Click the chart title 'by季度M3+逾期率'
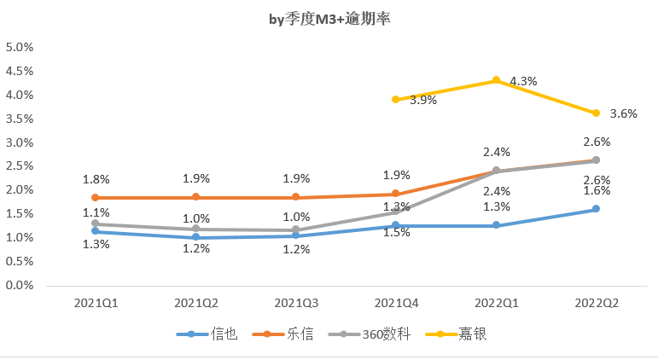[x=329, y=19]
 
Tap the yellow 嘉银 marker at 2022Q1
[x=496, y=80]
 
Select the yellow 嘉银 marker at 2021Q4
[x=395, y=99]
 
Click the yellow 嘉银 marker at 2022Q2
[x=596, y=113]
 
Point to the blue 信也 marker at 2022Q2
[x=596, y=209]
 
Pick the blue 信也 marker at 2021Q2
[x=195, y=237]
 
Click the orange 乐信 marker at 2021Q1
[x=96, y=198]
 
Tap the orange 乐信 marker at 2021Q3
[x=295, y=198]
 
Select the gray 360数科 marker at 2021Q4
[x=395, y=212]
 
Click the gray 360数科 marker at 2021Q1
[x=96, y=224]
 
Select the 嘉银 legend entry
[x=456, y=334]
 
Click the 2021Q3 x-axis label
[x=295, y=303]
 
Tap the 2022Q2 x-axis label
[x=596, y=303]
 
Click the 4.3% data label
[x=523, y=81]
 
